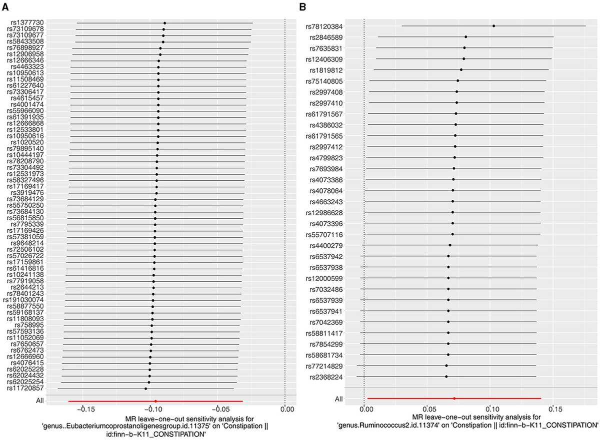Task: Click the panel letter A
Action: click(x=5, y=7)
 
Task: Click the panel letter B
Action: click(x=302, y=7)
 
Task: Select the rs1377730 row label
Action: click(x=27, y=23)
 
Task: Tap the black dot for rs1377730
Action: click(x=164, y=23)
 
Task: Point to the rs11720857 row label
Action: click(x=25, y=388)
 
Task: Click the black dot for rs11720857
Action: click(x=145, y=389)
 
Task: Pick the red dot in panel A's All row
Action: click(x=155, y=401)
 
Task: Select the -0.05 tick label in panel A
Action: click(x=219, y=410)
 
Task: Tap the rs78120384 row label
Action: click(x=324, y=26)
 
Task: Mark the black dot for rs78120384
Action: click(x=493, y=26)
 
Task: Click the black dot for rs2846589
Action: click(x=466, y=37)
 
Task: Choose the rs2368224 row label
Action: click(x=326, y=377)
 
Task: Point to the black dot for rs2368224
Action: click(x=446, y=377)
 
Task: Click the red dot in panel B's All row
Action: click(x=454, y=399)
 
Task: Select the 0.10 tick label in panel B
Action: click(x=492, y=410)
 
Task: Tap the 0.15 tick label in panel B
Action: click(x=555, y=410)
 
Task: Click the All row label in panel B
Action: click(x=338, y=399)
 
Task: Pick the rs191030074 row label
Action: click(x=23, y=300)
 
